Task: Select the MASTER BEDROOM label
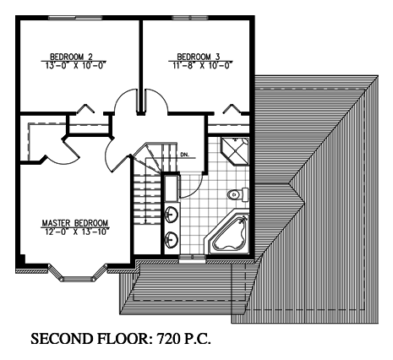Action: coord(75,223)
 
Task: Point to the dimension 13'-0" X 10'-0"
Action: coord(75,65)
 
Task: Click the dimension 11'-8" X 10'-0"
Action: coord(202,65)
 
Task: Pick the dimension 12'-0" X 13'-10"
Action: coord(75,232)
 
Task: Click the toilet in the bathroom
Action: coord(238,194)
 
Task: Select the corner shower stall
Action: coord(235,150)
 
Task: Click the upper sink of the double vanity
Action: coord(172,215)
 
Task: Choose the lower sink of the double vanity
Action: coord(172,240)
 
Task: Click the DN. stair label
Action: coord(184,155)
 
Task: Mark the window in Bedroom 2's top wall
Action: coord(75,18)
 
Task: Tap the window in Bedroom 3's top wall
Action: coord(190,18)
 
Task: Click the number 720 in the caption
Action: coord(168,338)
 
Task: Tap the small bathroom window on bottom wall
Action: coord(192,259)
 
